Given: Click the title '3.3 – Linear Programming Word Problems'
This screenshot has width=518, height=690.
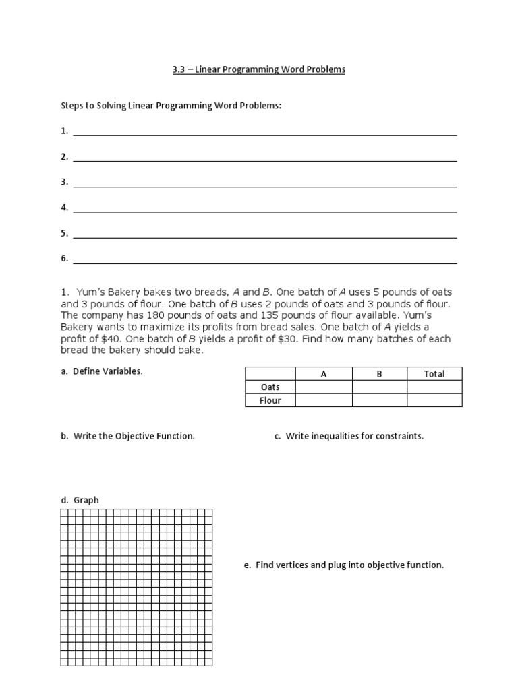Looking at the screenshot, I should point(259,69).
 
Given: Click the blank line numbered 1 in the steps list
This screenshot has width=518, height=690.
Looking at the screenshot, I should point(264,132).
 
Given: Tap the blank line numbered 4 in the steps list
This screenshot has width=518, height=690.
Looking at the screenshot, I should point(264,209).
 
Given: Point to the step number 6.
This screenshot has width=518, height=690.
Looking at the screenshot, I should point(64,259).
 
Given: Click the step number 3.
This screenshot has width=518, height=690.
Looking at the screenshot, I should point(64,182).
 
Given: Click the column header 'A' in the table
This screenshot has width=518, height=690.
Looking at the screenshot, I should point(324,374).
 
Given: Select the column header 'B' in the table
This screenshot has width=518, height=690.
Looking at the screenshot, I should point(379,374).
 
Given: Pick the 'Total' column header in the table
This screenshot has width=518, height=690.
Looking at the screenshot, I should point(434,374).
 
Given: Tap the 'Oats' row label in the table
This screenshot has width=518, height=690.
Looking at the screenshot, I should point(270,387).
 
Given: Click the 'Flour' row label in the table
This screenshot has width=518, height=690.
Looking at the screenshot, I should point(270,400).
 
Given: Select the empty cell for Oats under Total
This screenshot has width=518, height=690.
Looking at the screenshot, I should point(434,387).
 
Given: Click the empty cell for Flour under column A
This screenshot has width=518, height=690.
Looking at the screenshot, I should point(324,400).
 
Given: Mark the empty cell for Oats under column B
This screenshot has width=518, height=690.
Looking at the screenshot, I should point(379,387).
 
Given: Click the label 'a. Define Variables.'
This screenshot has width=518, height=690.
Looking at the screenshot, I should point(101,371).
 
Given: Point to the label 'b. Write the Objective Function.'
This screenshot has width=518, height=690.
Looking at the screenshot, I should point(127,436).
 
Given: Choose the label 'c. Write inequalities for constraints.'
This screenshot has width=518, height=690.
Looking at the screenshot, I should point(349,436).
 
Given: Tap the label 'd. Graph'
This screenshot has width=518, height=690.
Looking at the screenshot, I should point(80,500).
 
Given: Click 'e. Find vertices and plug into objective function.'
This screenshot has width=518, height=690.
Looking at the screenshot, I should point(344,565).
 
